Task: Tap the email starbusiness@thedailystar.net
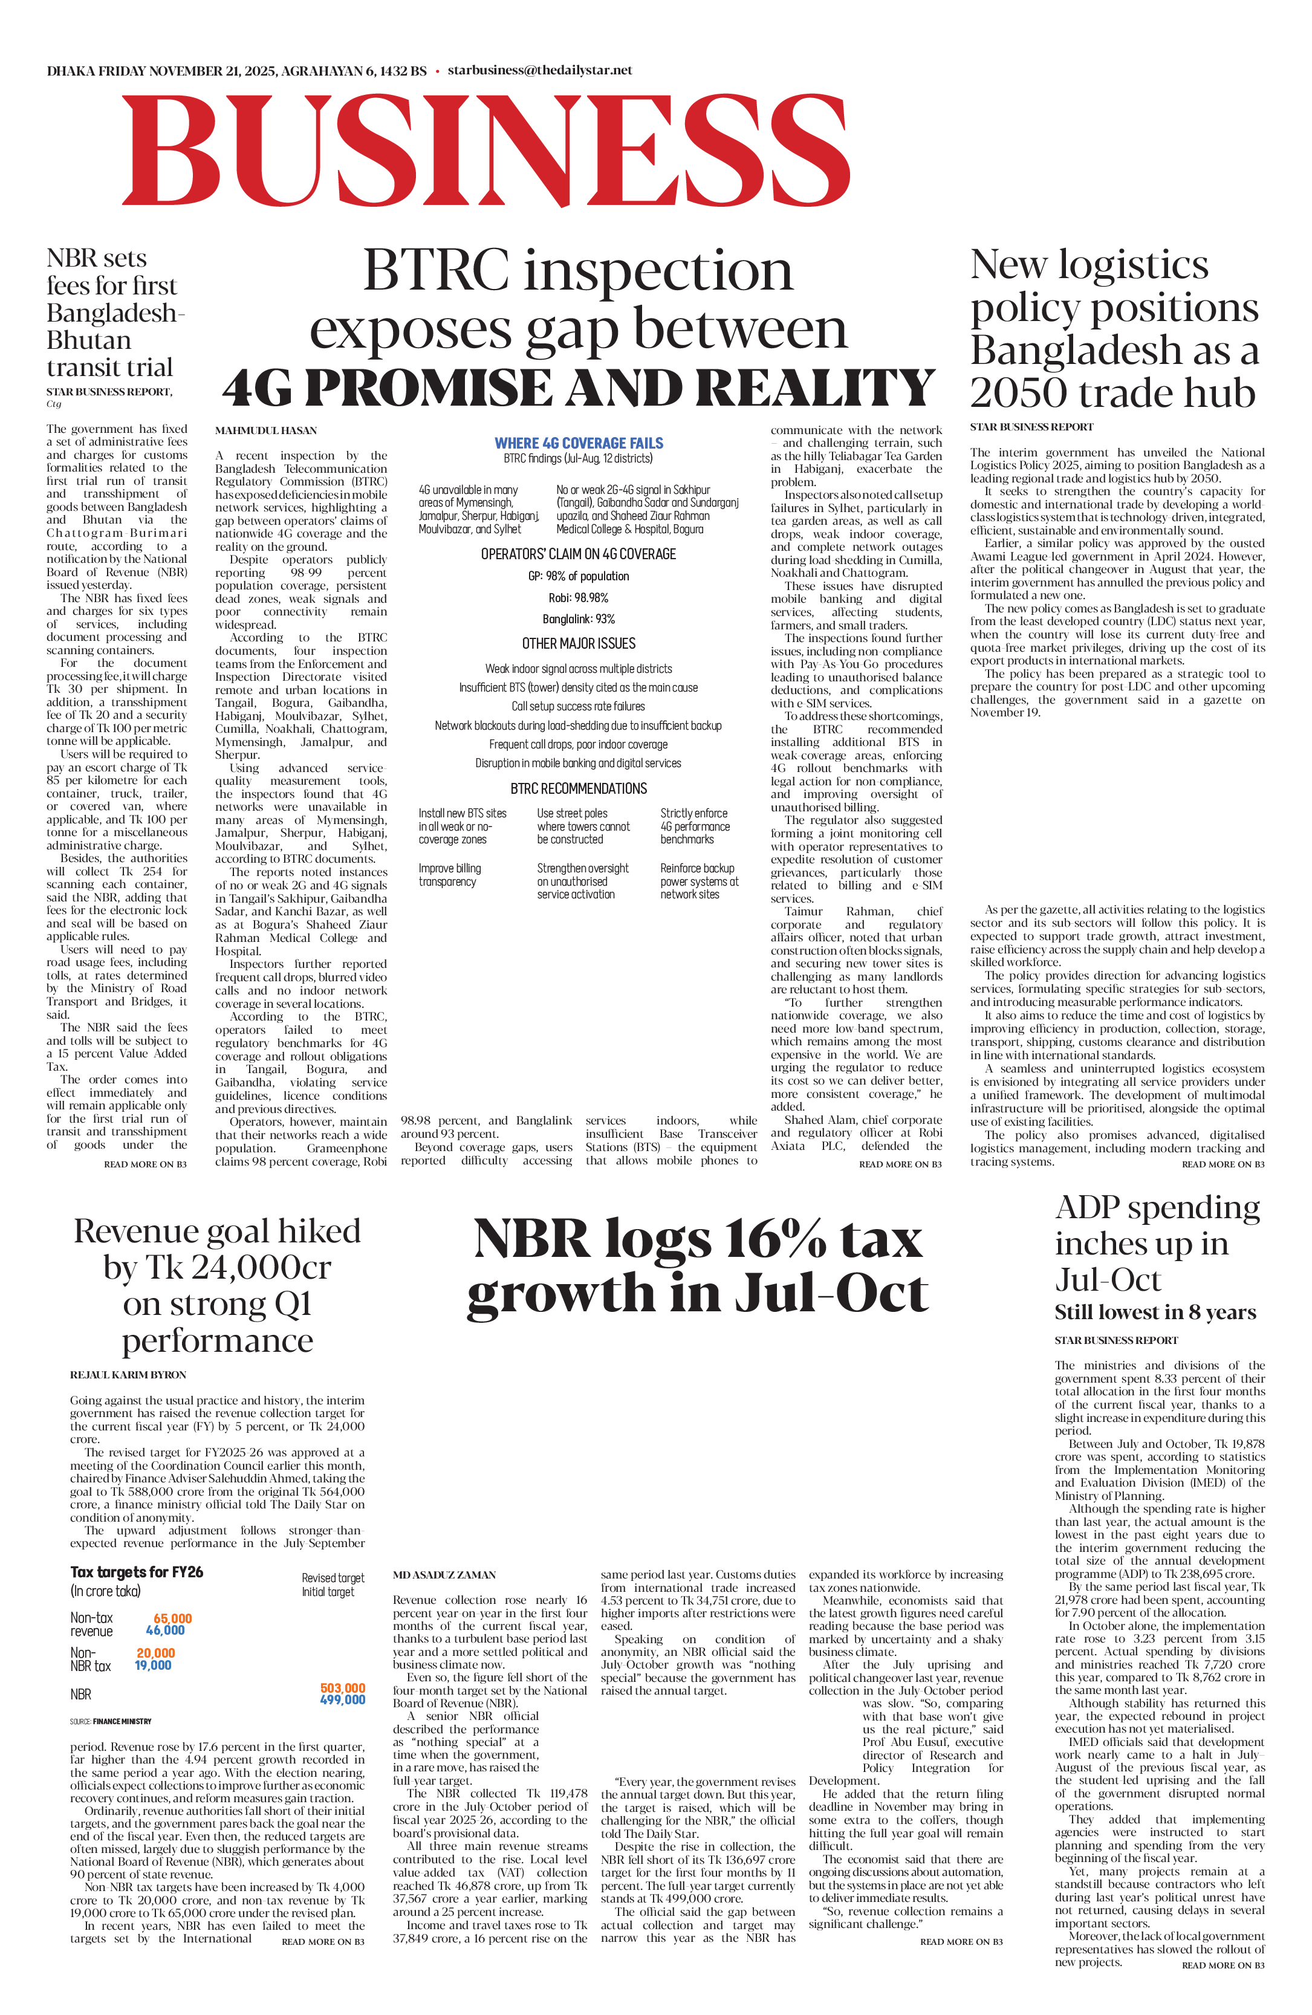539,70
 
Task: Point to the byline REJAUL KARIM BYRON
128,1375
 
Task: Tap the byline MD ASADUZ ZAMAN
444,1575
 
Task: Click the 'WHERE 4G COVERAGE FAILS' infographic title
579,443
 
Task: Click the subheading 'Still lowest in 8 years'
1155,1313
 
